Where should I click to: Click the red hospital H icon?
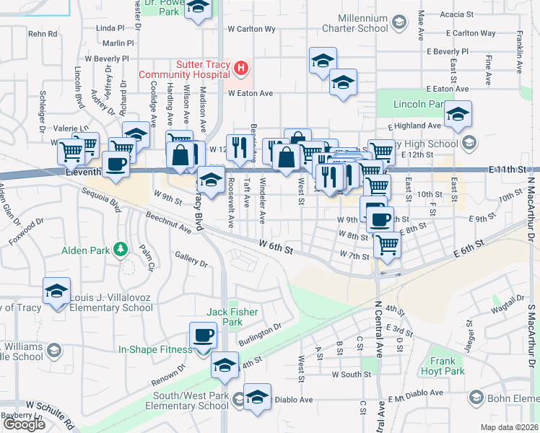(x=241, y=69)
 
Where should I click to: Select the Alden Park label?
(x=91, y=250)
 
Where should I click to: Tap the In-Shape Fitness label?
(x=156, y=350)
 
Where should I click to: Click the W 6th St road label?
(x=276, y=248)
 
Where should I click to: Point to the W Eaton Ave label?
(x=251, y=93)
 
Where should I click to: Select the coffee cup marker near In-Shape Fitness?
(x=203, y=335)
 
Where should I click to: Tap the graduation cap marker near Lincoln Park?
(x=458, y=114)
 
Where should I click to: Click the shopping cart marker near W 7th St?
(x=387, y=245)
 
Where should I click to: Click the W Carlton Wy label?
(x=251, y=30)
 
